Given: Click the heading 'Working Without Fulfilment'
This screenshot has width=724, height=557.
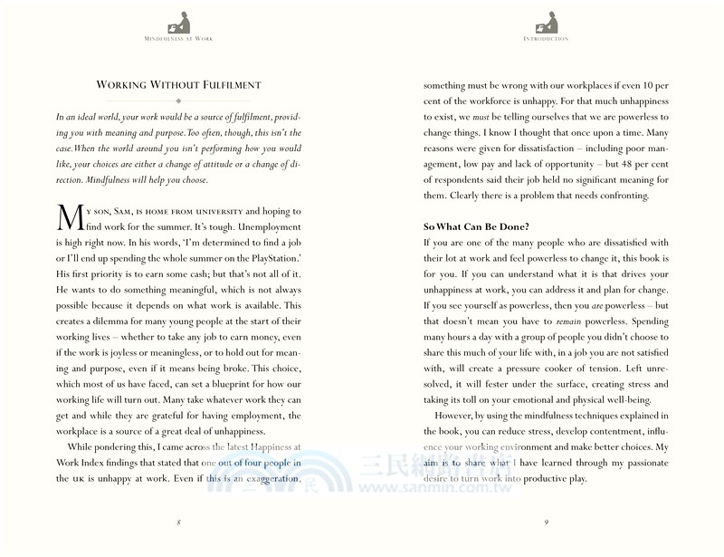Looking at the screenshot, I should click(x=178, y=85).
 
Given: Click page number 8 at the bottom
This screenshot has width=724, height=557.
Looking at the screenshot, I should click(x=178, y=522).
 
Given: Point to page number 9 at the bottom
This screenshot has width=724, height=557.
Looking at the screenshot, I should click(x=546, y=522).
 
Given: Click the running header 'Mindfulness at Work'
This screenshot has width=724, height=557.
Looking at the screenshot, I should click(x=178, y=39).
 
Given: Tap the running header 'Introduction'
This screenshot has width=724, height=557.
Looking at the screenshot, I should click(x=546, y=39).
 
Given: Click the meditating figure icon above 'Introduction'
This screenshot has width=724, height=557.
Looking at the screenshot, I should click(x=546, y=21).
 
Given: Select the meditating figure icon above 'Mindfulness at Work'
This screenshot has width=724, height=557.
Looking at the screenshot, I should click(x=178, y=21).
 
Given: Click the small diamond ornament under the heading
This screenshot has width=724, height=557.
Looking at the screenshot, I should click(x=178, y=101).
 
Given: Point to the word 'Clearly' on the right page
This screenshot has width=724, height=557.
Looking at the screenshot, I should click(x=464, y=196).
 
